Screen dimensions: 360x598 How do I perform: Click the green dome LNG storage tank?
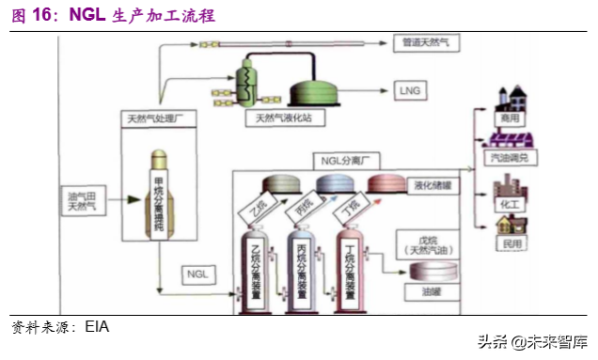pyautogui.click(x=323, y=91)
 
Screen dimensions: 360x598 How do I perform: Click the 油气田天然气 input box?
pyautogui.click(x=82, y=200)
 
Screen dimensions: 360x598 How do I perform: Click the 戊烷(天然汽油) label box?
pyautogui.click(x=425, y=243)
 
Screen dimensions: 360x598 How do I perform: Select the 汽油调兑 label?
pyautogui.click(x=510, y=159)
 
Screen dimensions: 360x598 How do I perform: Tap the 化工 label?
pyautogui.click(x=509, y=203)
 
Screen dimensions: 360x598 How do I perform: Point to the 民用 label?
pyautogui.click(x=509, y=243)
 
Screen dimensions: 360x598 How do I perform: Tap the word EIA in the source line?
pyautogui.click(x=97, y=327)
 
